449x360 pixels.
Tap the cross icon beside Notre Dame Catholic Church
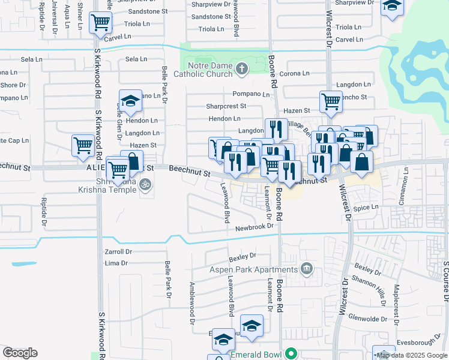point(242,69)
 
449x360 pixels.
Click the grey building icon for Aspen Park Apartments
point(307,267)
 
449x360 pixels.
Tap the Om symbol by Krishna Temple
point(143,186)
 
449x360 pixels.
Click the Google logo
point(20,353)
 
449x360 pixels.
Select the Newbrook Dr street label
point(254,227)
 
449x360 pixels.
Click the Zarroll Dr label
point(118,252)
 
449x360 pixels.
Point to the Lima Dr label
point(116,263)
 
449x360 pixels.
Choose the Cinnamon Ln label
point(406,179)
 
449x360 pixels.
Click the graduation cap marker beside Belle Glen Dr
point(129,102)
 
